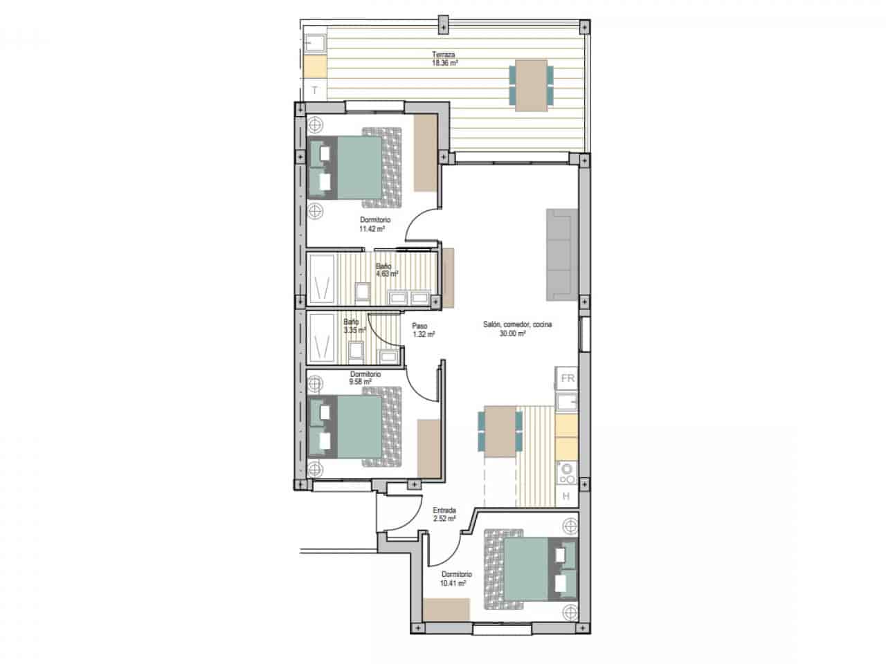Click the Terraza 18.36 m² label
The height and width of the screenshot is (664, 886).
pos(444,58)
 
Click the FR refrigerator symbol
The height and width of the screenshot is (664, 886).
pos(568,378)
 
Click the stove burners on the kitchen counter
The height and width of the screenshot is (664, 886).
pos(567,474)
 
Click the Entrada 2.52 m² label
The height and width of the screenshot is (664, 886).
pos(444,514)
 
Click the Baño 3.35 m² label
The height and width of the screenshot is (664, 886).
pos(354,326)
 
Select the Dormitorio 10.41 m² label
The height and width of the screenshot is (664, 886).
pos(455,578)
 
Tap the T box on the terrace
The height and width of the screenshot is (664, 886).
pos(315,90)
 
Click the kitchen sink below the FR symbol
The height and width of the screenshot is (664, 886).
pos(567,400)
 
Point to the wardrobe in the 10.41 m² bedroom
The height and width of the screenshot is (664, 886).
pos(446,610)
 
